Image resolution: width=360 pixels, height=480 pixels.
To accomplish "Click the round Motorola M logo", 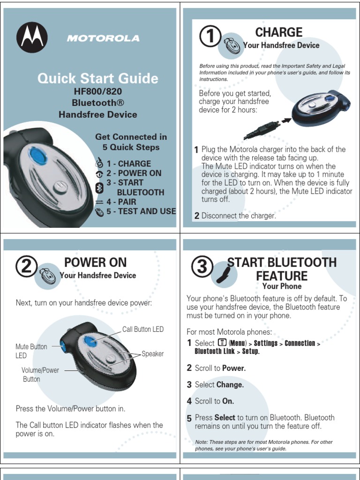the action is pos(32,37).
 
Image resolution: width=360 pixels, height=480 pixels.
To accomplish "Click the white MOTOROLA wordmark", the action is pos(103,38).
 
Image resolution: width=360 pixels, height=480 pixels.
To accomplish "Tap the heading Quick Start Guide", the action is pos(98,78).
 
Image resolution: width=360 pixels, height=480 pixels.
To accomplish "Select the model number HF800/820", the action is pos(97,91).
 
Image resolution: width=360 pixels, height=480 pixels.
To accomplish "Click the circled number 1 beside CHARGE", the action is pos(210,36).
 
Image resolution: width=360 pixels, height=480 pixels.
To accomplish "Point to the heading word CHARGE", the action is pos(279,32).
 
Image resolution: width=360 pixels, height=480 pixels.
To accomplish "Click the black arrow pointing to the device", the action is pos(286,120).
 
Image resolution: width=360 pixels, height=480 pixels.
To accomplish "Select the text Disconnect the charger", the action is pos(239,216).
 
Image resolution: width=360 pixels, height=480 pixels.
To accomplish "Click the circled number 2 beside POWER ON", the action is pos(26,266).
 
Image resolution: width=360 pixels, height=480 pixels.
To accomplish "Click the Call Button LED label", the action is pos(143,330).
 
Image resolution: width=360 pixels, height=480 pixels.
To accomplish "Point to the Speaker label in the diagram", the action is pos(152,354).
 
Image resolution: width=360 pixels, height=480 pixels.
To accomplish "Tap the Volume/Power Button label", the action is pos(40,375).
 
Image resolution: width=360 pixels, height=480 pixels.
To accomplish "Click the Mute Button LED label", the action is pos(31,351).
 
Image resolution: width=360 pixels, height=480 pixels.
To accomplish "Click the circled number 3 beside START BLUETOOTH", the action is pos(202,266).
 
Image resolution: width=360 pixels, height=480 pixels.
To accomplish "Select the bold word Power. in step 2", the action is pos(234,368).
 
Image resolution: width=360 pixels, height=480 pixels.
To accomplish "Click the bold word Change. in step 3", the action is pos(230,384).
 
